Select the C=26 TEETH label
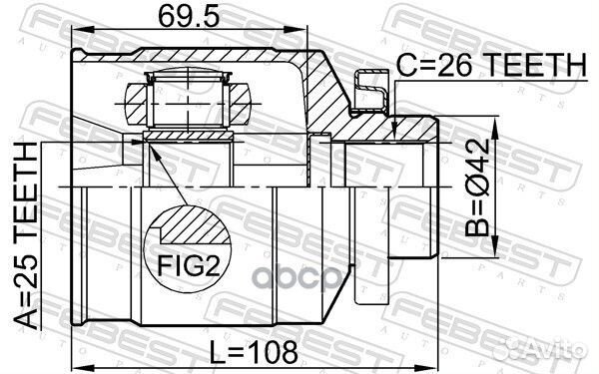click(489, 65)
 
